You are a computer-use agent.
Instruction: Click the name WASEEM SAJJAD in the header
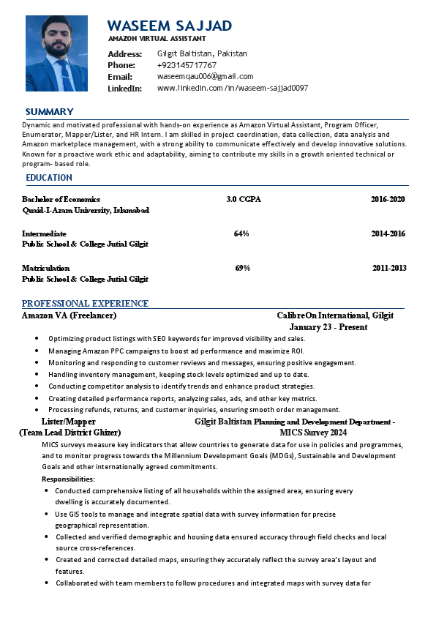(x=170, y=26)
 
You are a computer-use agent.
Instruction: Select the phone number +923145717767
(x=187, y=65)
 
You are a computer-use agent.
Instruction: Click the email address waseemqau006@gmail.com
(x=205, y=76)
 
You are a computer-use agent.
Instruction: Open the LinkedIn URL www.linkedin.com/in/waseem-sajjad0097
(x=232, y=88)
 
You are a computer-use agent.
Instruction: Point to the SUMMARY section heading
(x=49, y=111)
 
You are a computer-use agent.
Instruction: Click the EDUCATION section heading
(x=49, y=178)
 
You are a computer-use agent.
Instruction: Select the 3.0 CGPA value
(x=244, y=199)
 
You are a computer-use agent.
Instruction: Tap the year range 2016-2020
(x=388, y=199)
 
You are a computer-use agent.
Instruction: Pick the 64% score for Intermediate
(x=241, y=233)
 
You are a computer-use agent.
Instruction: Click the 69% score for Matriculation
(x=242, y=268)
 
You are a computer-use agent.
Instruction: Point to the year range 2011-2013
(x=389, y=268)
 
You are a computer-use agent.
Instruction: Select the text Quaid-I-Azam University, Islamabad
(x=86, y=210)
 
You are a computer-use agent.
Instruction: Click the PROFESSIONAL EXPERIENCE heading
(x=85, y=303)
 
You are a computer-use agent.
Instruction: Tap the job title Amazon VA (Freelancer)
(x=69, y=315)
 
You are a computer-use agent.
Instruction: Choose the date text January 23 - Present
(x=328, y=327)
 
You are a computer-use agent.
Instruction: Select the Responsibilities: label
(x=68, y=479)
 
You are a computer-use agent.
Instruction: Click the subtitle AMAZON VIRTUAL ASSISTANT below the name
(x=157, y=38)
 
